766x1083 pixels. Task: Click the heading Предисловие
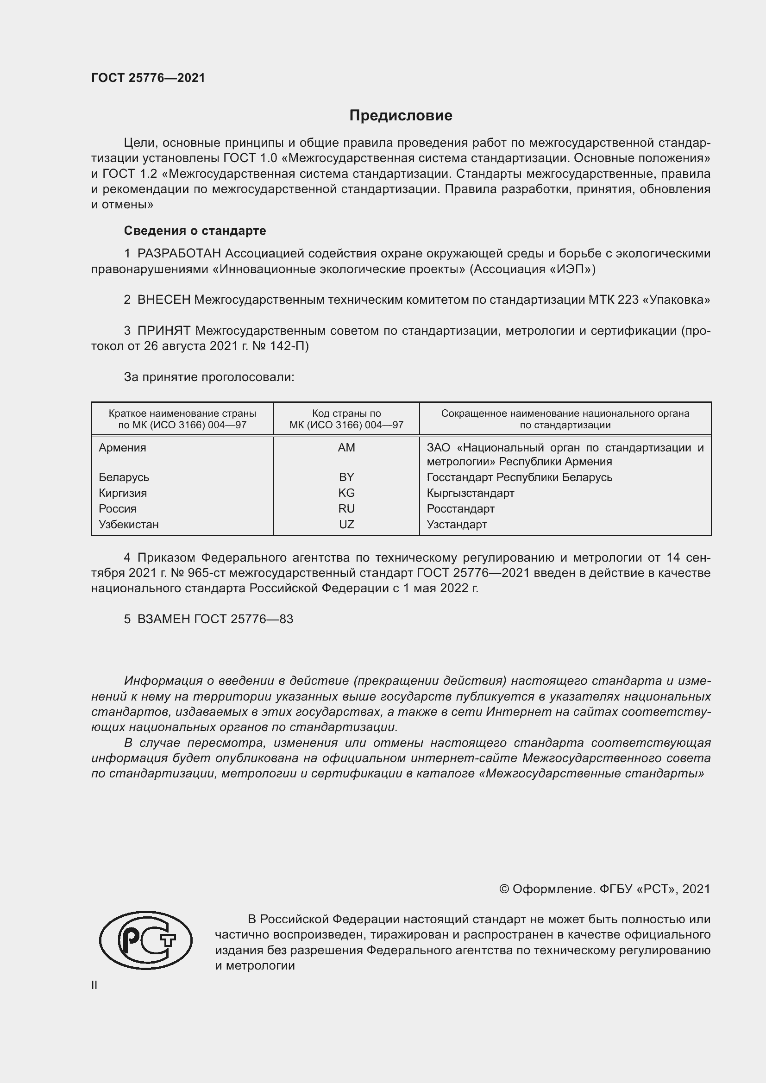(401, 116)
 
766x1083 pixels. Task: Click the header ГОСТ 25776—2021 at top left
(148, 78)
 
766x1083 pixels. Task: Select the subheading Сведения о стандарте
(195, 231)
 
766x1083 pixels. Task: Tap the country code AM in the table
(346, 448)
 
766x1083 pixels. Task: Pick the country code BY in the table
(346, 477)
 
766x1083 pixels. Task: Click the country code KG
(346, 493)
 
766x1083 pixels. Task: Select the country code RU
(346, 508)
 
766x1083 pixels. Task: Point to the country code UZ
(346, 525)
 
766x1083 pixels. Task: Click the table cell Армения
(122, 448)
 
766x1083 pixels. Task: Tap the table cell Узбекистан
(128, 525)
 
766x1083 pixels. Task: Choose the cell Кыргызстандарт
(470, 493)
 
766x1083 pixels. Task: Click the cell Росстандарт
(460, 508)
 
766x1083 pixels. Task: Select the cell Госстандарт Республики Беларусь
(519, 477)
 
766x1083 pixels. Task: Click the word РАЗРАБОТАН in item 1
(179, 254)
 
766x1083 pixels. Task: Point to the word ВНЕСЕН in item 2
(163, 300)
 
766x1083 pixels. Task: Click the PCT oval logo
(146, 940)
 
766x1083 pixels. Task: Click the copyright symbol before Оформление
(504, 889)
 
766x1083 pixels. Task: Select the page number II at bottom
(94, 985)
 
